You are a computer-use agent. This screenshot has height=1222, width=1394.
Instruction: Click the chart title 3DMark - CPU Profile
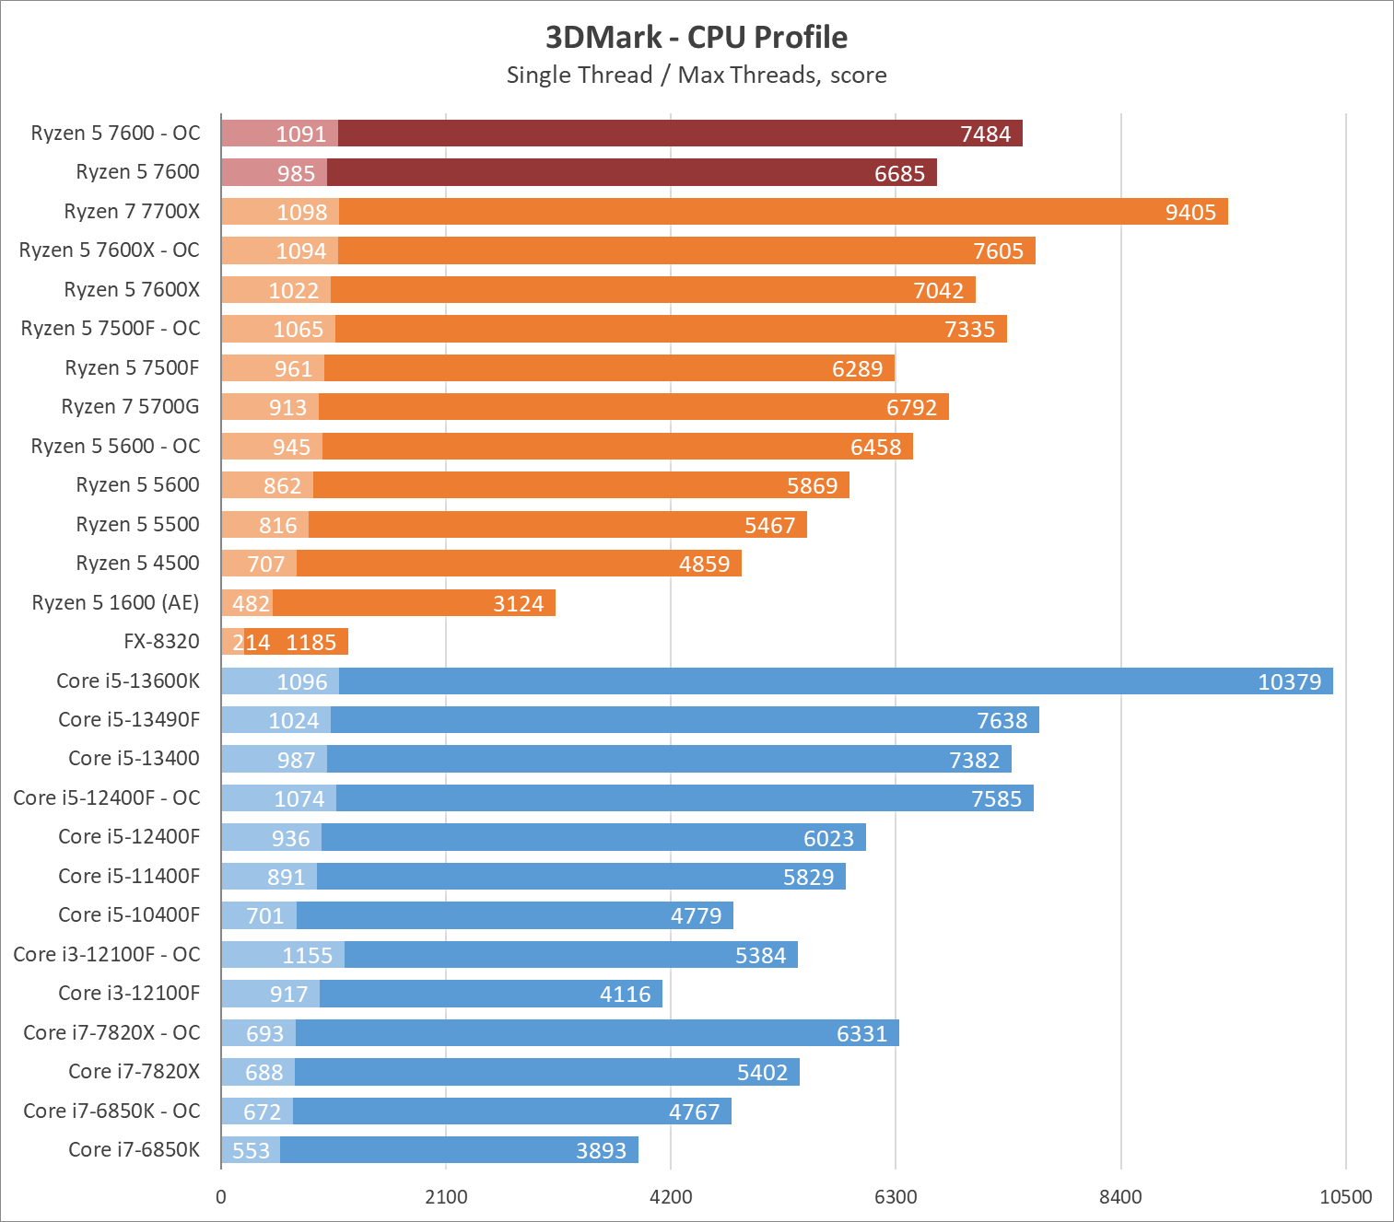coord(697,37)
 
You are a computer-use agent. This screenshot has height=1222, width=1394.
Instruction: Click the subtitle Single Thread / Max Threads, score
coord(697,75)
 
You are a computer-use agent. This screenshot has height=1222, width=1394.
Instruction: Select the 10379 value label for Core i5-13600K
coord(1289,681)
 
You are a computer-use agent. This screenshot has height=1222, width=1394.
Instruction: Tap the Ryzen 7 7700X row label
coord(132,211)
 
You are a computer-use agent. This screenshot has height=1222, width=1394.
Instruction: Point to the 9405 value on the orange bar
coord(1190,212)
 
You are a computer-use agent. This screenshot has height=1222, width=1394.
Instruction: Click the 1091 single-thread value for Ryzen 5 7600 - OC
coord(301,134)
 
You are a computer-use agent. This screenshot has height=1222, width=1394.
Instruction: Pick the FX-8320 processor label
coord(161,641)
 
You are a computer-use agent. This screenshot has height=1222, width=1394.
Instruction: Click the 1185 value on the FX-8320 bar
coord(311,642)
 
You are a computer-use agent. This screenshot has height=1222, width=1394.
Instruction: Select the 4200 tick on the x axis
coord(671,1196)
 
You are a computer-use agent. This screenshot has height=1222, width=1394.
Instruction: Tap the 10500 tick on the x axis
coord(1345,1196)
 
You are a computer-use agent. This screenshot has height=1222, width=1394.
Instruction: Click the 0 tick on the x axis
coord(221,1196)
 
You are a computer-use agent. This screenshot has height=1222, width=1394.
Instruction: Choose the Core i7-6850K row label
coord(134,1149)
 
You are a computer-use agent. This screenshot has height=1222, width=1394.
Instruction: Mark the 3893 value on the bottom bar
coord(601,1150)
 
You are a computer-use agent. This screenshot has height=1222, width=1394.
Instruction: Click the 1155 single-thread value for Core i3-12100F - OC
coord(307,955)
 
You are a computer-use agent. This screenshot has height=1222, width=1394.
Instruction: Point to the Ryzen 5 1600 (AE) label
coord(115,602)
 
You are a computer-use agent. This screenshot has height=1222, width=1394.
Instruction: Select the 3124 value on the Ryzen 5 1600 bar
coord(518,603)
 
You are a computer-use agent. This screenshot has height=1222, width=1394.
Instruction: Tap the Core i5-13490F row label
coord(129,719)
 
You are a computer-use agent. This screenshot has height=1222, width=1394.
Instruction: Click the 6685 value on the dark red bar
coord(899,173)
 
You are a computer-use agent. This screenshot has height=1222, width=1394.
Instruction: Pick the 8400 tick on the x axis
coord(1120,1196)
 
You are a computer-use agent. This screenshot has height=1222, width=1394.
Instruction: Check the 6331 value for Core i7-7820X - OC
coord(861,1033)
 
